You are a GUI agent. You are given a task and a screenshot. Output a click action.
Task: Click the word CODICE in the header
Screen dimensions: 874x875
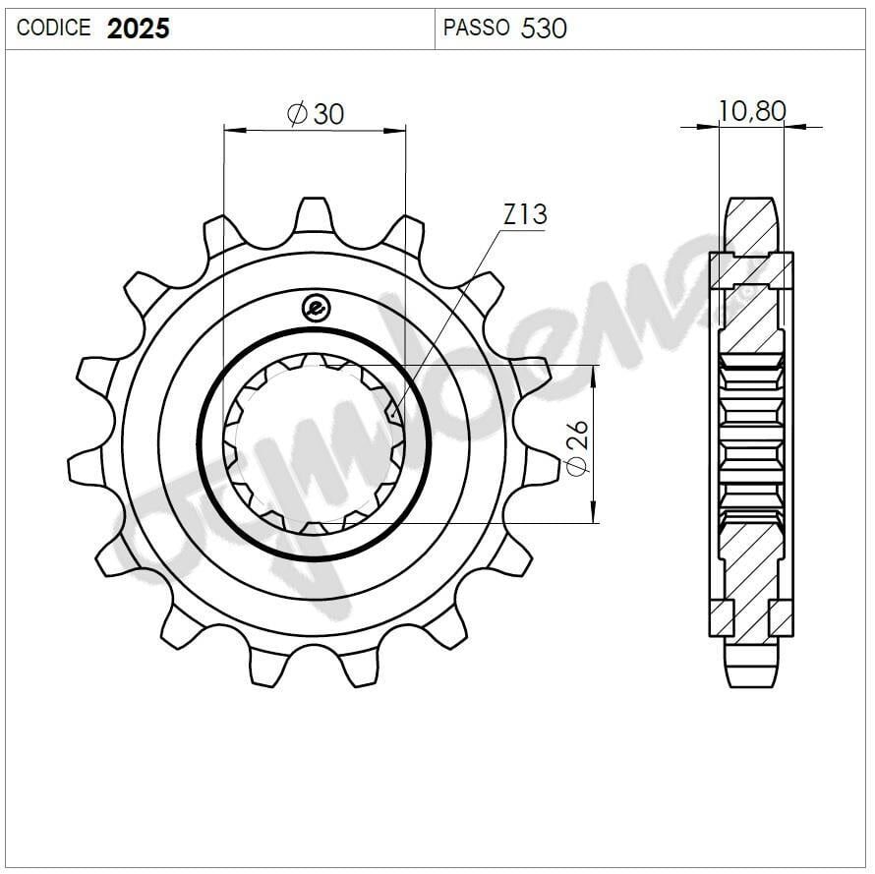pyautogui.click(x=53, y=29)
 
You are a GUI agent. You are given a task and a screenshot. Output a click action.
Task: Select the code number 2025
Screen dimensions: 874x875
pyautogui.click(x=139, y=29)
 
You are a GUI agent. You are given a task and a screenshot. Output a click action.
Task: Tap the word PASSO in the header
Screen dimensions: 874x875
pyautogui.click(x=476, y=29)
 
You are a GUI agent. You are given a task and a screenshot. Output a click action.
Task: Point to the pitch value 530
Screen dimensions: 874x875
pyautogui.click(x=544, y=29)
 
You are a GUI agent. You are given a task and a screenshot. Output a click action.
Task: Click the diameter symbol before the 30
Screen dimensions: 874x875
pyautogui.click(x=298, y=114)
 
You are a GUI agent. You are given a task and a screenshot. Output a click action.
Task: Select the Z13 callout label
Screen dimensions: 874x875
pyautogui.click(x=524, y=214)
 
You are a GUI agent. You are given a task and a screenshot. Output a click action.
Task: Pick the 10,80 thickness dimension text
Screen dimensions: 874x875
pyautogui.click(x=752, y=111)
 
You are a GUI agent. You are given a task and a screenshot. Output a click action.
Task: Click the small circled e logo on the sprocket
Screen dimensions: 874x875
pyautogui.click(x=315, y=308)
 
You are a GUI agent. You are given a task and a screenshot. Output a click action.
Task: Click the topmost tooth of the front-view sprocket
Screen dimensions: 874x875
pyautogui.click(x=315, y=215)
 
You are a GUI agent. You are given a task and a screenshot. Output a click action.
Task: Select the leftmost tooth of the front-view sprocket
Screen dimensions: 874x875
pyautogui.click(x=86, y=468)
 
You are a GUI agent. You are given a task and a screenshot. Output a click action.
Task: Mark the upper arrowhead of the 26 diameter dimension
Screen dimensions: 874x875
pyautogui.click(x=594, y=375)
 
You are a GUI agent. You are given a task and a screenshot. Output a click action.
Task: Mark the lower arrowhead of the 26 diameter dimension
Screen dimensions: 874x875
pyautogui.click(x=594, y=512)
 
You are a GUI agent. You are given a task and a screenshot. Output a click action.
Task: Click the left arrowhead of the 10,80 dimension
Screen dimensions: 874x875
pyautogui.click(x=710, y=126)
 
